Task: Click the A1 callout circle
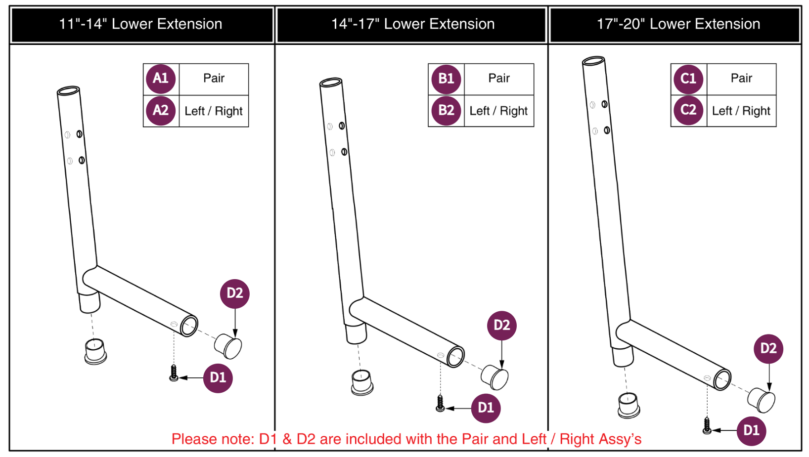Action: (161, 79)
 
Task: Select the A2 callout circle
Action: (161, 110)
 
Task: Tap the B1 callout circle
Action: (446, 79)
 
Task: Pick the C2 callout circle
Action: (688, 110)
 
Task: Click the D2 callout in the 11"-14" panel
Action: (234, 293)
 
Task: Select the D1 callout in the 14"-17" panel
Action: (486, 408)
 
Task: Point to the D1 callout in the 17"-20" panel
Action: (751, 430)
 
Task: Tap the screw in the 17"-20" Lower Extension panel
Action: (707, 425)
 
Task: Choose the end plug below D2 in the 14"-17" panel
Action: (494, 377)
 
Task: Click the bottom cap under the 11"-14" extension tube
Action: (95, 352)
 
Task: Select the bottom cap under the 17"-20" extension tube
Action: (629, 405)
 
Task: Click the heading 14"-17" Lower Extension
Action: (412, 24)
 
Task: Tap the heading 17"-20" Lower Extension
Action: (678, 24)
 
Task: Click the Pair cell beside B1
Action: (498, 79)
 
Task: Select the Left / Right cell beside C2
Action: (741, 111)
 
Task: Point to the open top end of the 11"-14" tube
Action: (68, 91)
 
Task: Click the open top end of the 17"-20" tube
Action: (593, 61)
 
